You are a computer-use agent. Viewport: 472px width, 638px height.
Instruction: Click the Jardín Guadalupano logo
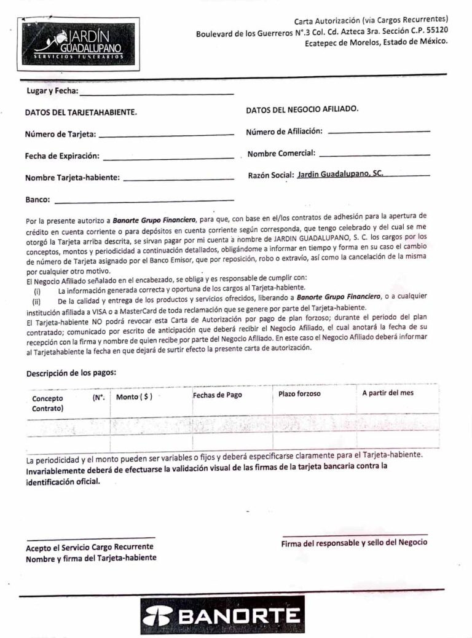(77, 43)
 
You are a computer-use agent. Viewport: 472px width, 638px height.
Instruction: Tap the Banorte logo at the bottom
(222, 615)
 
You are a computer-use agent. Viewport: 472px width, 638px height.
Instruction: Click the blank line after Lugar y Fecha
(157, 94)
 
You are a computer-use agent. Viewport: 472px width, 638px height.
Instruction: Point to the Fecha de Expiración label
(62, 156)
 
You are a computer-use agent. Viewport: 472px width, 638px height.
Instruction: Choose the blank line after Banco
(144, 200)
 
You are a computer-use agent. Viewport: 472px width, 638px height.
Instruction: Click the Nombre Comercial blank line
(374, 154)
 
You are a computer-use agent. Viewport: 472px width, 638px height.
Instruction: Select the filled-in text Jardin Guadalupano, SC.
(340, 174)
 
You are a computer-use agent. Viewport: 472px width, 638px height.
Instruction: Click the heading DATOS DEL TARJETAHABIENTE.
(81, 112)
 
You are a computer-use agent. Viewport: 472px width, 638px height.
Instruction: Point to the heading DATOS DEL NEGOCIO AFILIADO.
(302, 109)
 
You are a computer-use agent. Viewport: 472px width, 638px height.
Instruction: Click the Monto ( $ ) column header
(134, 397)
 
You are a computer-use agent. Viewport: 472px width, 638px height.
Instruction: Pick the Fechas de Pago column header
(218, 395)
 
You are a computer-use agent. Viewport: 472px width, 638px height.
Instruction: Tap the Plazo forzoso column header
(299, 393)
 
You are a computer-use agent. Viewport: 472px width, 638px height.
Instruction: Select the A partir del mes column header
(388, 393)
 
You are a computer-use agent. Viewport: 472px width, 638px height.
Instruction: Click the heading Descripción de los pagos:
(71, 372)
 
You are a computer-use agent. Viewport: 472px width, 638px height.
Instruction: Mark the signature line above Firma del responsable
(355, 535)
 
